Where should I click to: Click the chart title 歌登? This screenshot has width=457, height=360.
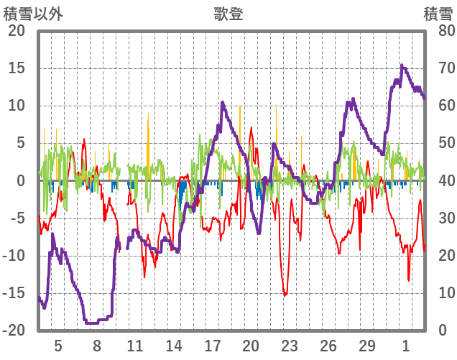228,14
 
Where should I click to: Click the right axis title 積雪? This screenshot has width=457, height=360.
438,14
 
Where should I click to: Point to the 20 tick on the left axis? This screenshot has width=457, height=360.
16,31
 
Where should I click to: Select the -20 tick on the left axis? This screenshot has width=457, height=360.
14,331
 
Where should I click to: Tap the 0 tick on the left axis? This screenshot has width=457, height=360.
19,181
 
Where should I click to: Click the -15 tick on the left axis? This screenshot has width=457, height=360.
14,293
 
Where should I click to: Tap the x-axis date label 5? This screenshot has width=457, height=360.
58,346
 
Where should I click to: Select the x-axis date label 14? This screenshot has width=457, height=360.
174,346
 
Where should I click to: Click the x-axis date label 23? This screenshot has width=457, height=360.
290,346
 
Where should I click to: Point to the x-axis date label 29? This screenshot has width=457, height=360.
367,346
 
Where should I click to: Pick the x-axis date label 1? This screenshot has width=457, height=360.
406,346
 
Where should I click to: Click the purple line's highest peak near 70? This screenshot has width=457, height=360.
402,66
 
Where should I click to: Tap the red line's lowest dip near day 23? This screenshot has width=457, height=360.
285,295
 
